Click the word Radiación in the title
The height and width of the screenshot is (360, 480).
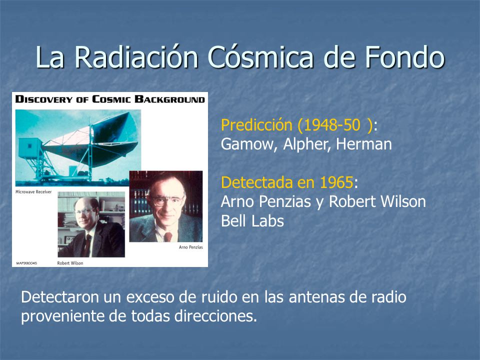click(136, 57)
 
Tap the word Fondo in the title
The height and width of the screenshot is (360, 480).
click(404, 57)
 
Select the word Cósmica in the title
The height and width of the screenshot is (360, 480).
click(260, 57)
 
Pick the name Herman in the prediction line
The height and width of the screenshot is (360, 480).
click(364, 144)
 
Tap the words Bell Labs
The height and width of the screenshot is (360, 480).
click(252, 220)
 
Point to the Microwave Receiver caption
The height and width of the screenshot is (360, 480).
click(33, 192)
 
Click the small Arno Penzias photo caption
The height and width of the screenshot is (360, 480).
click(190, 247)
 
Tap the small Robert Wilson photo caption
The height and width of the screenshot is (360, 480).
click(70, 263)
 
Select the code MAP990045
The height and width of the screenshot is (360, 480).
click(26, 263)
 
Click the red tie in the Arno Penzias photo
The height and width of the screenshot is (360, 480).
click(168, 236)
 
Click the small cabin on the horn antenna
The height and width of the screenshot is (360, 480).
click(30, 148)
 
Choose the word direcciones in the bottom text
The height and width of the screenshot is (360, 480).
click(215, 316)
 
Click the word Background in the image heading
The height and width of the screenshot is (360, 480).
click(170, 99)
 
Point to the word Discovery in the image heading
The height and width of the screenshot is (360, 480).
click(44, 99)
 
